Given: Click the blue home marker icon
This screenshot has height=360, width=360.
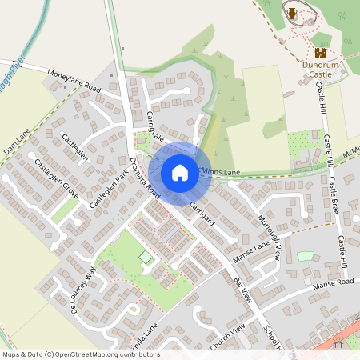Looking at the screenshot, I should pyautogui.click(x=180, y=172).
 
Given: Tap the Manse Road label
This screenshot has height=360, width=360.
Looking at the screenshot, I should pyautogui.click(x=334, y=283).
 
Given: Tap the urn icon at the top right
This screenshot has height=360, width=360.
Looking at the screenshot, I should pyautogui.click(x=292, y=13).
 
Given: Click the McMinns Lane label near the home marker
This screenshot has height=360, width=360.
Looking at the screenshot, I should pyautogui.click(x=221, y=172).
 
